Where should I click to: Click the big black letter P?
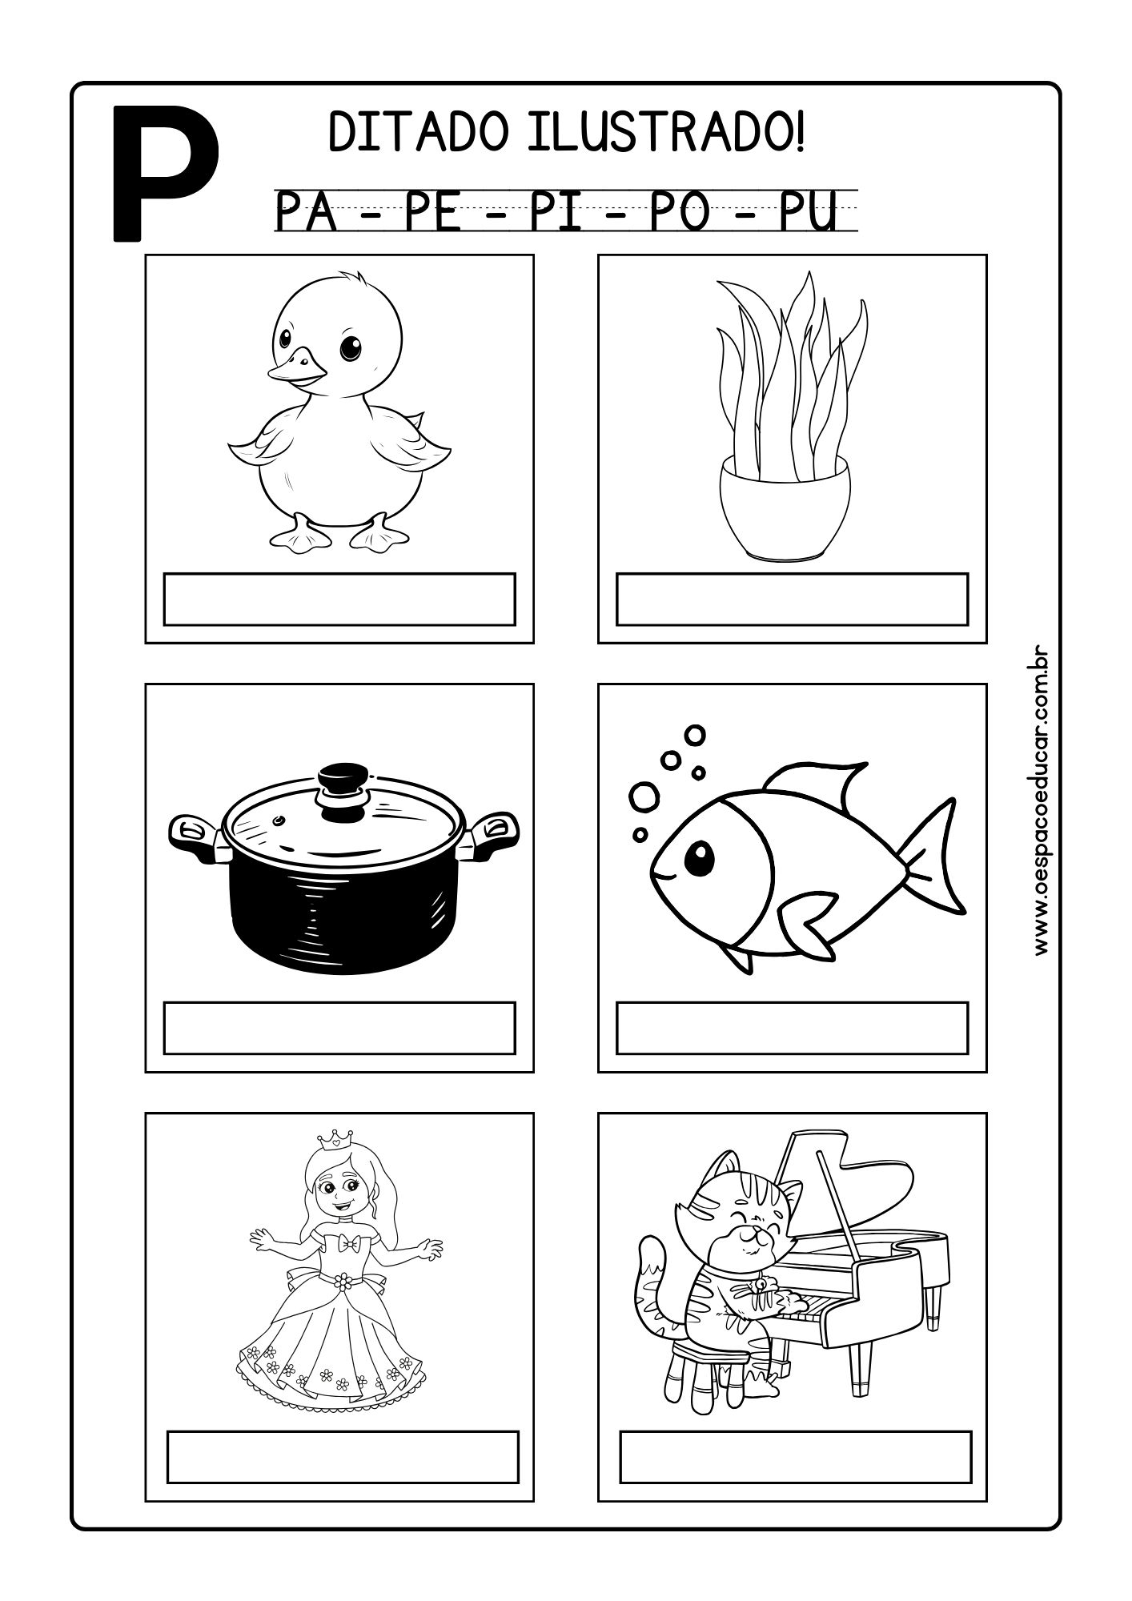click(164, 171)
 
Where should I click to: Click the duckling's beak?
click(298, 367)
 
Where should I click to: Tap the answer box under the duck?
click(339, 598)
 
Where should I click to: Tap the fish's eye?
click(701, 857)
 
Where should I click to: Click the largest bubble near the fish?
click(644, 796)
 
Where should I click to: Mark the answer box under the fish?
click(792, 1027)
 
